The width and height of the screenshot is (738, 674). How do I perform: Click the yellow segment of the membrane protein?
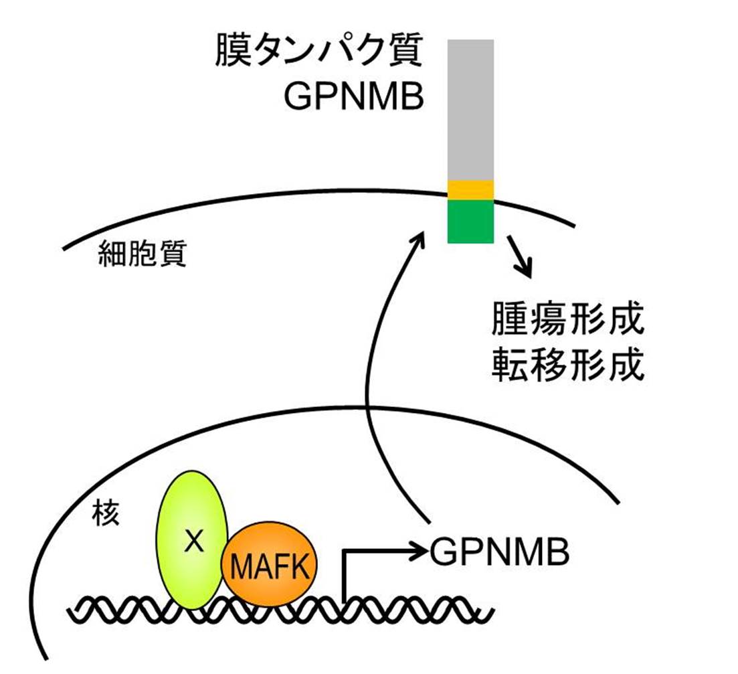470,189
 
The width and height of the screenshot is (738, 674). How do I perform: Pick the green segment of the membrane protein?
470,222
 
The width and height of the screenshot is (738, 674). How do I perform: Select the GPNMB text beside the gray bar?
354,98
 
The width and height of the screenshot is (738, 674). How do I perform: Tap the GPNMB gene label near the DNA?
500,552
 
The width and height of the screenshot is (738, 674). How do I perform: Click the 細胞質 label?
141,254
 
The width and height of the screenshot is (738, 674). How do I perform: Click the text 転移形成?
567,365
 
